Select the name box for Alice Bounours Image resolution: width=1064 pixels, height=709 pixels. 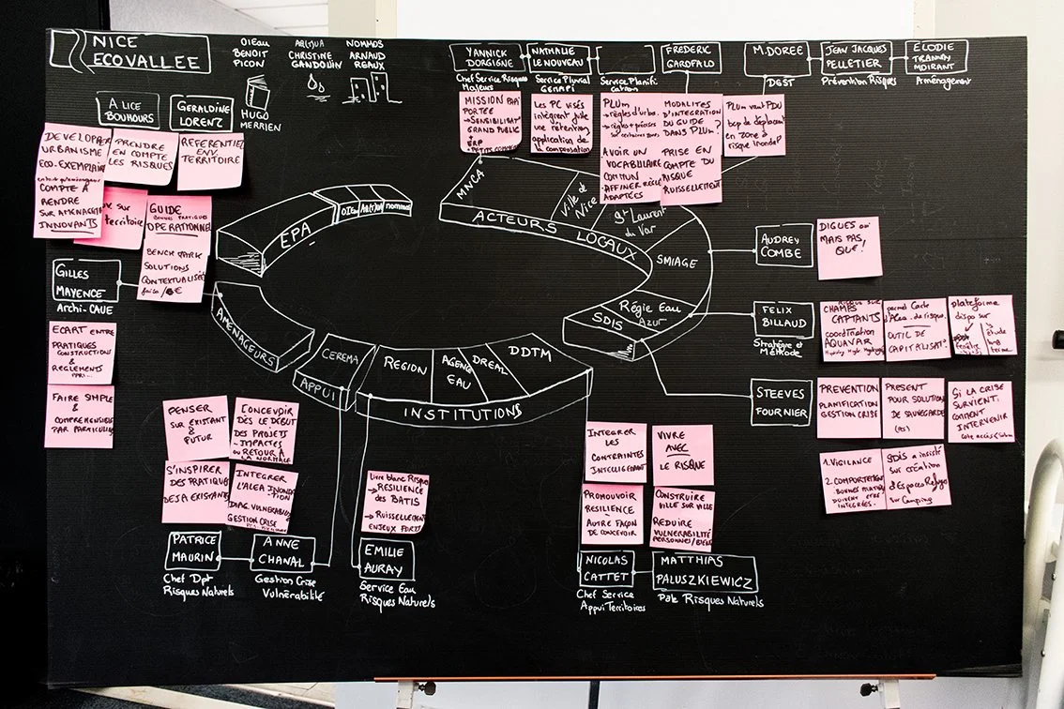click(128, 110)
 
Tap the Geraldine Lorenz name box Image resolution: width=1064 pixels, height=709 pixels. click(201, 113)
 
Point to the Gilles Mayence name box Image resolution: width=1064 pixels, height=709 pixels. click(86, 280)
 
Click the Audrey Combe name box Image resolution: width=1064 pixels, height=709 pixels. click(783, 246)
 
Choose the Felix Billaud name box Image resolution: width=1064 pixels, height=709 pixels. click(782, 318)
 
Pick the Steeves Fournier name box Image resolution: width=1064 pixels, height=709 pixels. click(781, 401)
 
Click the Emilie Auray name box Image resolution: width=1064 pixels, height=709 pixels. click(386, 559)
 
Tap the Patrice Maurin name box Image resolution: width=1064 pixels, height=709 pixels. click(194, 551)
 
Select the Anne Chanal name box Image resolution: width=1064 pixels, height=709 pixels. click(282, 553)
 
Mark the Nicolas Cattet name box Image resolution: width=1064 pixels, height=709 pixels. click(605, 568)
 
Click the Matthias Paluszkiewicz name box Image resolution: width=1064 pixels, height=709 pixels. click(704, 571)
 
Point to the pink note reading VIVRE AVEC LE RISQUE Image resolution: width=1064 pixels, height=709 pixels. click(682, 454)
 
